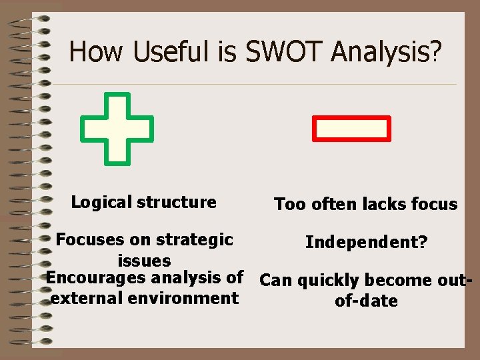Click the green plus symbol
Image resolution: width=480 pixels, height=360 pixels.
pos(117,129)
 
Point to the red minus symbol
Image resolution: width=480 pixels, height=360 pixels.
pos(351,129)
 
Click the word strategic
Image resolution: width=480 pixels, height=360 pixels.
pos(195,239)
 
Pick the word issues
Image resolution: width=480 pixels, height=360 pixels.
pos(144,260)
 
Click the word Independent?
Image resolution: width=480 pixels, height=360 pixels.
pos(366,242)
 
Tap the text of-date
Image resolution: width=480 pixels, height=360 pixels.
pos(366,301)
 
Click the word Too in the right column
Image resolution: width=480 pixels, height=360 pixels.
pos(289,205)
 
